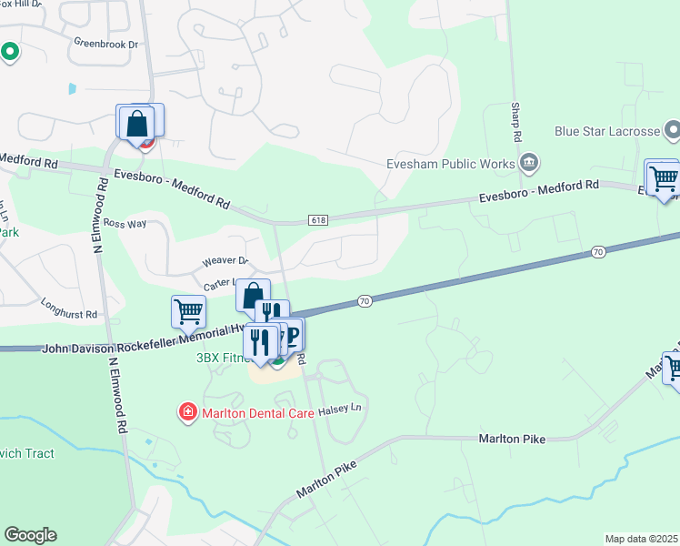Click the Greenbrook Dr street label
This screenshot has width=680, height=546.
click(105, 44)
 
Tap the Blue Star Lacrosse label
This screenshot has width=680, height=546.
click(606, 131)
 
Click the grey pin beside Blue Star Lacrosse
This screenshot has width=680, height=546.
click(672, 131)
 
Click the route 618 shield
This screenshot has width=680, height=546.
click(315, 220)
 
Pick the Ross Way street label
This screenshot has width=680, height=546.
click(125, 223)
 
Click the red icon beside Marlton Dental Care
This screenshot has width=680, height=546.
click(188, 413)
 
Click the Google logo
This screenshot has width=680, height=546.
click(30, 535)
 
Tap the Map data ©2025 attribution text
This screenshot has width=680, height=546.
click(642, 539)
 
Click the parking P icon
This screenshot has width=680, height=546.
click(292, 334)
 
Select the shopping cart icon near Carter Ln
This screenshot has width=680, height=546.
click(188, 311)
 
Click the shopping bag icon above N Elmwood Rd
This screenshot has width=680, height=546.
click(136, 123)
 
